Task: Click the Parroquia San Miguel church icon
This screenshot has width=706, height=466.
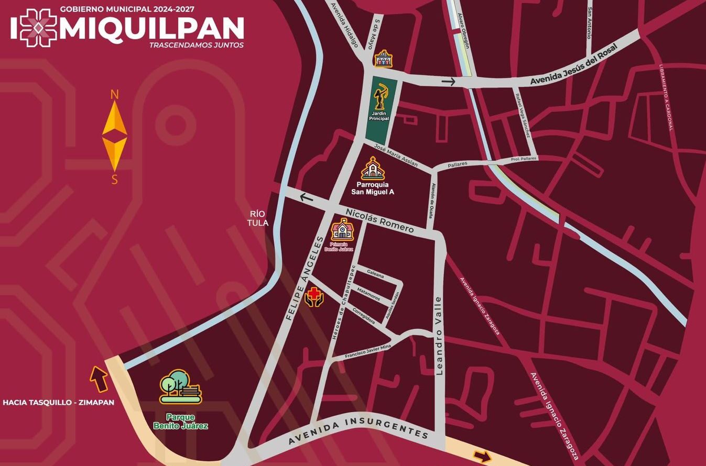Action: coord(373,169)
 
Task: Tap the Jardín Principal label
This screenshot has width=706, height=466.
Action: coord(379,116)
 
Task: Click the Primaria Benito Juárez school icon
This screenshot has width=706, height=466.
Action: coord(342,229)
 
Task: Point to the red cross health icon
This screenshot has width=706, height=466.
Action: coord(314,297)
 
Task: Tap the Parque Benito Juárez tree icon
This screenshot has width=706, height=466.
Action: coord(180,387)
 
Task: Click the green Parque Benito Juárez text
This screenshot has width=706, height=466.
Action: coord(180,421)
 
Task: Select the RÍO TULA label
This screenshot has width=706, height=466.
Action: coord(259,219)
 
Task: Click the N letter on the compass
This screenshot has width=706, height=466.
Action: coord(114,95)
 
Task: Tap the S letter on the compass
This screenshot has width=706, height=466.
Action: coord(114,180)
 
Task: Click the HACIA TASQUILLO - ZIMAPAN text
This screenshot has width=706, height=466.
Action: coord(58,403)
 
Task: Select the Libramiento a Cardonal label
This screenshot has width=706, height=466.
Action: coord(666,97)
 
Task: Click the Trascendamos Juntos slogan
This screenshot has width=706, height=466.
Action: coord(197,45)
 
